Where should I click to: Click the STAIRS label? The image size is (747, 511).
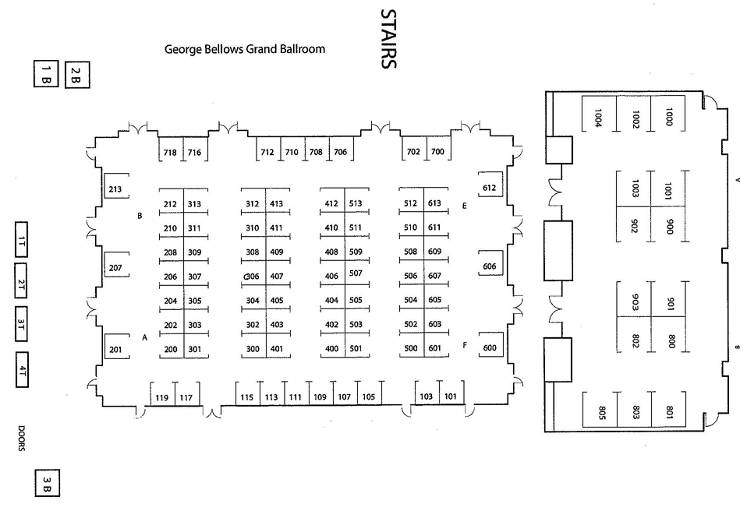388,39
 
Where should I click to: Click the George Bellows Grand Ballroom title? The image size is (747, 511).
245,49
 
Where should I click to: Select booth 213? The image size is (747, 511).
115,189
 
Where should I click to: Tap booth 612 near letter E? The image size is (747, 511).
490,188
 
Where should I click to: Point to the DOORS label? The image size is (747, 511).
22,439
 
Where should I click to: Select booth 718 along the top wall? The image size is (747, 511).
170,152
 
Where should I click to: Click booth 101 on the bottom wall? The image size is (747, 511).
450,396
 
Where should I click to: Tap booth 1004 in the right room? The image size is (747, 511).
598,118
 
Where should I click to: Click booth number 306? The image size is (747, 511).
252,277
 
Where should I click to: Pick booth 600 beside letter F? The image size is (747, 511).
490,347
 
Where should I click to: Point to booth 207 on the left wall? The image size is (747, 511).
115,268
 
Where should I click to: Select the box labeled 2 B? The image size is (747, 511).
76,75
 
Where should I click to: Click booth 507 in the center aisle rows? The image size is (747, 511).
356,273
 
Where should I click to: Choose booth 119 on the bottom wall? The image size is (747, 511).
161,398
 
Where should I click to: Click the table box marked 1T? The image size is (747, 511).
23,241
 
